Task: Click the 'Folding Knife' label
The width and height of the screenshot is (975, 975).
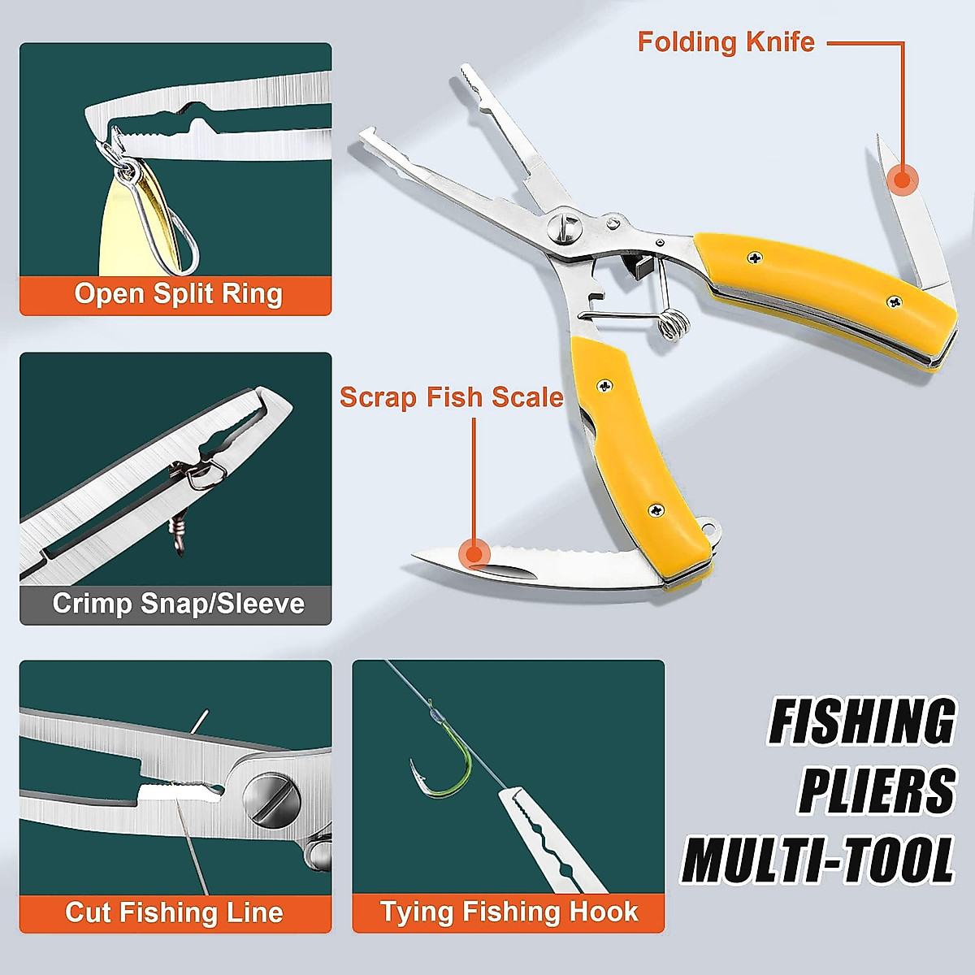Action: tap(726, 42)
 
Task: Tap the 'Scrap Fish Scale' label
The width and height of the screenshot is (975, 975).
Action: tap(451, 397)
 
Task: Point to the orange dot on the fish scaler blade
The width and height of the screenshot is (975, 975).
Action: tap(474, 555)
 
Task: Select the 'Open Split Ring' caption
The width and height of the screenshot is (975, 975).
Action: tap(178, 294)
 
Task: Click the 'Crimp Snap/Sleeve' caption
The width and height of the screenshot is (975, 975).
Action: tap(178, 604)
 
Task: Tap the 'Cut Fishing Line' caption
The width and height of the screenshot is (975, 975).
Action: tap(174, 912)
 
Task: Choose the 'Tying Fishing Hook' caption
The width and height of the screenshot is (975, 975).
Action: tap(509, 912)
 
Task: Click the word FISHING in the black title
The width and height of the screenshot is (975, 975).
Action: tap(862, 721)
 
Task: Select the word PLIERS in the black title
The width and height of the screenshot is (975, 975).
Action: tap(877, 791)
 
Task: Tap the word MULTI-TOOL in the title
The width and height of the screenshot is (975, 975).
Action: tap(818, 860)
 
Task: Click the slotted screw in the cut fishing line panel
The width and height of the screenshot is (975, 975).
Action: tap(272, 800)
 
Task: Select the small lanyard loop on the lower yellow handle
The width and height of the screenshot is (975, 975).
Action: tap(713, 530)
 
